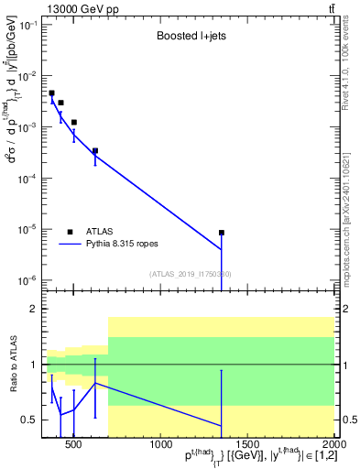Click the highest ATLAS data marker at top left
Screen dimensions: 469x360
click(x=52, y=93)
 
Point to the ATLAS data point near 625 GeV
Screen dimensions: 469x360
click(x=95, y=151)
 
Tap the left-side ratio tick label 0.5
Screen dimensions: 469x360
click(x=29, y=420)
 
